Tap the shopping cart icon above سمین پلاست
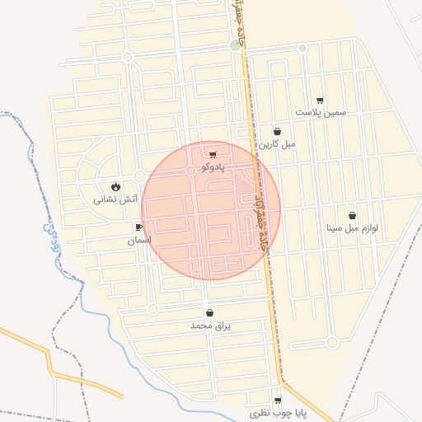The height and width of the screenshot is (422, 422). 320,100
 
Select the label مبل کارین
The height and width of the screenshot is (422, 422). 277,143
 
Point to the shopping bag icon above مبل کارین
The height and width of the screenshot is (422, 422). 277,131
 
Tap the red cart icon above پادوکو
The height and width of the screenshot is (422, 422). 213,154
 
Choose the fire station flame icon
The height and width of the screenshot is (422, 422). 115,186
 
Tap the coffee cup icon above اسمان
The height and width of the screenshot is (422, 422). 138,227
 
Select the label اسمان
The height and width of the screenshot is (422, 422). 139,241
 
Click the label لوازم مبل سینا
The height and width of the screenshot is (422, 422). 352,228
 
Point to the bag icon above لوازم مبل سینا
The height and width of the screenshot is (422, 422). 353,216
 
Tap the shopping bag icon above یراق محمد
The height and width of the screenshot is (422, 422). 209,313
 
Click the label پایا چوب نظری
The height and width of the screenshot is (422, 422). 279,411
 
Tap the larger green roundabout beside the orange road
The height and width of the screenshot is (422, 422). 237,45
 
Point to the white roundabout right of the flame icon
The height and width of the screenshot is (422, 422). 140,176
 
